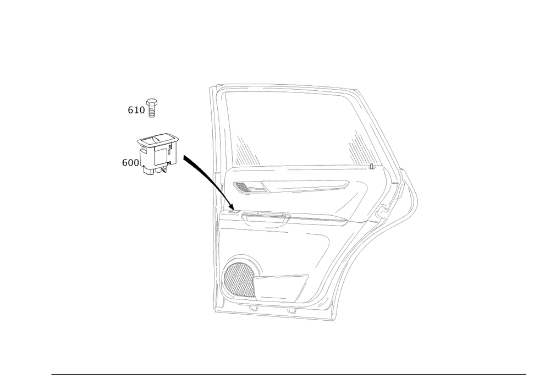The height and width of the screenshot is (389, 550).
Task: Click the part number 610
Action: (137, 110)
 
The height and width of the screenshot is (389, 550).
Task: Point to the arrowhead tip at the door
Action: (233, 209)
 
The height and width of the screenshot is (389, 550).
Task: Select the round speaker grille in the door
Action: (240, 275)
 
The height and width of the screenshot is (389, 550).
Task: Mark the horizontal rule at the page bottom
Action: (289, 375)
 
